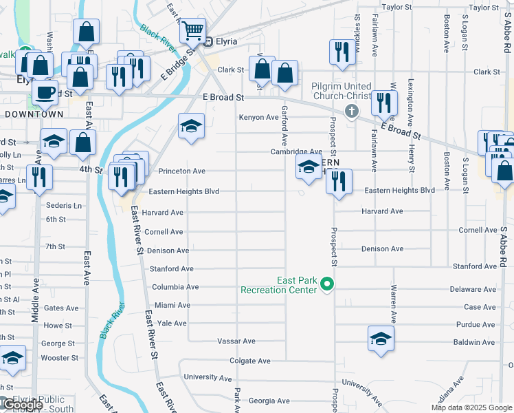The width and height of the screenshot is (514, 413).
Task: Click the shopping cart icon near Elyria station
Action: pyautogui.click(x=193, y=30)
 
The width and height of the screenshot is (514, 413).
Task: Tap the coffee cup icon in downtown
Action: pyautogui.click(x=45, y=91)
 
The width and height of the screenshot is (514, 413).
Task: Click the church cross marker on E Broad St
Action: pyautogui.click(x=352, y=112)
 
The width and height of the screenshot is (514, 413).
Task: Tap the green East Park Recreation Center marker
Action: pyautogui.click(x=328, y=284)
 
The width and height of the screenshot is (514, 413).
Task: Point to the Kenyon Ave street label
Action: pyautogui.click(x=258, y=118)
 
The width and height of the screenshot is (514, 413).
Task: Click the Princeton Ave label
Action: pyautogui.click(x=182, y=171)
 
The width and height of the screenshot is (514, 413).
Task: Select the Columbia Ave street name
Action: pyautogui.click(x=175, y=287)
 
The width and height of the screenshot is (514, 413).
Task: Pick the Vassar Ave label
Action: pyautogui.click(x=236, y=341)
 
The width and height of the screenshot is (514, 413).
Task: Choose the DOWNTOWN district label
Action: pyautogui.click(x=34, y=114)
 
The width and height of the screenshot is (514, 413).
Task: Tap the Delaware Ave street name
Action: pyautogui.click(x=473, y=290)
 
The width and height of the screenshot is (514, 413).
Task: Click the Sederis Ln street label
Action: pyautogui.click(x=64, y=205)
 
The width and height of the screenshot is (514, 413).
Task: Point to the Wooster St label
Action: pyautogui.click(x=60, y=358)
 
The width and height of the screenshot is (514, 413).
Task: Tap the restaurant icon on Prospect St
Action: pyautogui.click(x=339, y=182)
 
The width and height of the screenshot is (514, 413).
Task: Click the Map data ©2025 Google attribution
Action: pyautogui.click(x=471, y=407)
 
